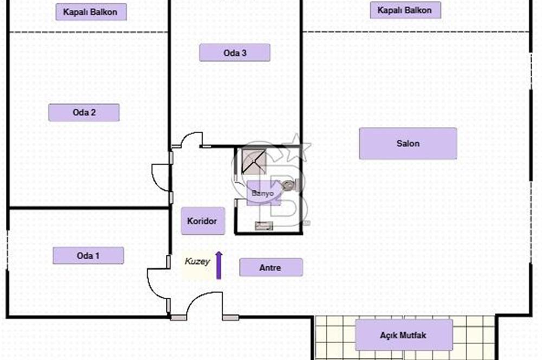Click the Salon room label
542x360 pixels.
[408, 144]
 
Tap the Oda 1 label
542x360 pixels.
[88, 255]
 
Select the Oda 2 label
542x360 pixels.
[84, 112]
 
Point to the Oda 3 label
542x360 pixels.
[235, 53]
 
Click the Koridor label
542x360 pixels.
[203, 221]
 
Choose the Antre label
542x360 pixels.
[271, 267]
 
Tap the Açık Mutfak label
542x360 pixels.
[404, 335]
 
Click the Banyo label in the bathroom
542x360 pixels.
[263, 194]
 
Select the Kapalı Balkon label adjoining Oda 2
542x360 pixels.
[91, 12]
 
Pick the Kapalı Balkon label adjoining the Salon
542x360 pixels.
[405, 10]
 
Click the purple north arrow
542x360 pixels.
[219, 265]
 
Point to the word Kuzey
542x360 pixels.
[197, 261]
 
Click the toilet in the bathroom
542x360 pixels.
[289, 185]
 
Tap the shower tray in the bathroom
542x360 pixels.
[254, 162]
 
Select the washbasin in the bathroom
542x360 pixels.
[264, 226]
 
